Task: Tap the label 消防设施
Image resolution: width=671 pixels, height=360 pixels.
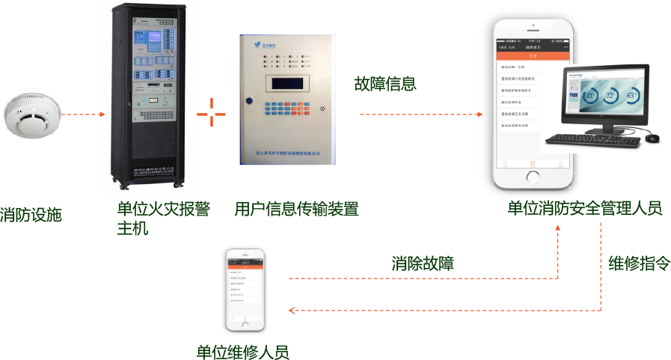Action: [31, 215]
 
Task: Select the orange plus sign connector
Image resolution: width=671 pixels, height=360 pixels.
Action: [212, 115]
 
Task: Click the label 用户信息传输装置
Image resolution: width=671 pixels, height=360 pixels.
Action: [296, 209]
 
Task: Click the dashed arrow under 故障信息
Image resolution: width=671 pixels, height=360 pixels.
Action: [422, 115]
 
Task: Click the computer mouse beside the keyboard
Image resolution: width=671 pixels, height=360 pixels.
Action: [652, 138]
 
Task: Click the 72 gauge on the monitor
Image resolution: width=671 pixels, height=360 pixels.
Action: [611, 97]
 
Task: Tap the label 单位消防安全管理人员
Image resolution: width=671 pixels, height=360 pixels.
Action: [584, 209]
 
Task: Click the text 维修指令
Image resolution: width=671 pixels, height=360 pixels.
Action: [639, 263]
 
